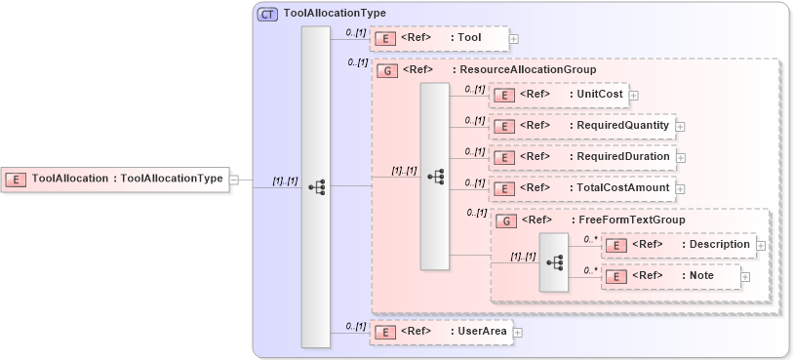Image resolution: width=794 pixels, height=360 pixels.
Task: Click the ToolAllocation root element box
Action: click(114, 179)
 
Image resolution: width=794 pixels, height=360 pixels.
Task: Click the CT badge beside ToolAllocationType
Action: click(267, 14)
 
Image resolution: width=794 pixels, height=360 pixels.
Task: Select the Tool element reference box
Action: click(439, 38)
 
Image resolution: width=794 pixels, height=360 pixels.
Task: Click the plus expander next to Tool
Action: click(514, 39)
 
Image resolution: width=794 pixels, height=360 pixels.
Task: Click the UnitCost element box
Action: click(558, 95)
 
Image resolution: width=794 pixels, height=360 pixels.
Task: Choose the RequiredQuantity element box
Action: click(581, 126)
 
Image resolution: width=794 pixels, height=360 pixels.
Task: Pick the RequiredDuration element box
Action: click(581, 157)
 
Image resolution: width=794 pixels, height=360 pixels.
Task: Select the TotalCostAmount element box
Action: click(581, 187)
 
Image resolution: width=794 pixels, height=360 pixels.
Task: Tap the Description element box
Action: click(678, 244)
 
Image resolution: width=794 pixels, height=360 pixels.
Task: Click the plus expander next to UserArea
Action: click(518, 333)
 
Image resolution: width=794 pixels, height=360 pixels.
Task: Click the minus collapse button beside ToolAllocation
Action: click(233, 180)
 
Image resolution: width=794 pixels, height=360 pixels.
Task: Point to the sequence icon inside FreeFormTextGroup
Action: click(555, 261)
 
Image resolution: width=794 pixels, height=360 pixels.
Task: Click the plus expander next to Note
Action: click(745, 277)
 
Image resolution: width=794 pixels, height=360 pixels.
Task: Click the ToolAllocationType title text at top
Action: click(334, 14)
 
